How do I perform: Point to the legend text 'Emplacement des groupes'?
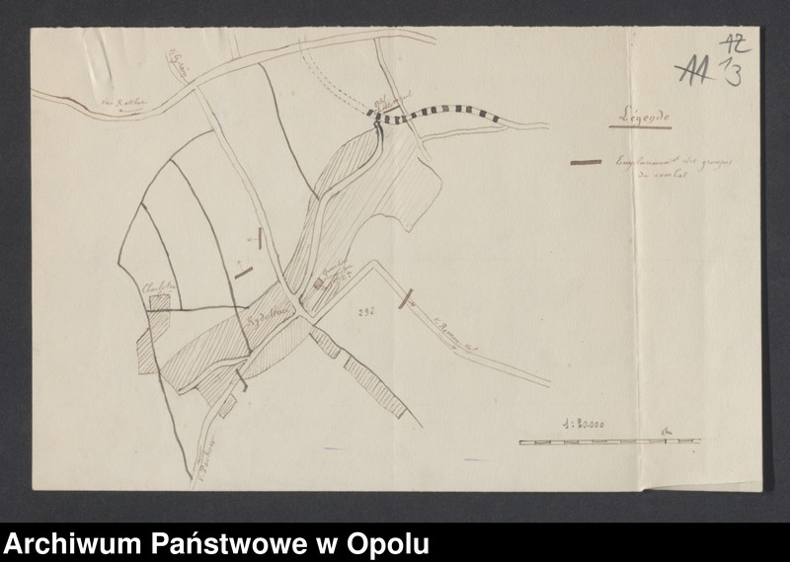click(672, 163)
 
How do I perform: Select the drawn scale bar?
click(607, 441)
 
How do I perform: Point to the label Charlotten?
click(159, 287)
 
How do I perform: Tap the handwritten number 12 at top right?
click(735, 44)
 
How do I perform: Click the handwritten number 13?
click(733, 73)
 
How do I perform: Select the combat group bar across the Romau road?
click(405, 297)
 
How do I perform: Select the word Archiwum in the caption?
click(73, 544)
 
